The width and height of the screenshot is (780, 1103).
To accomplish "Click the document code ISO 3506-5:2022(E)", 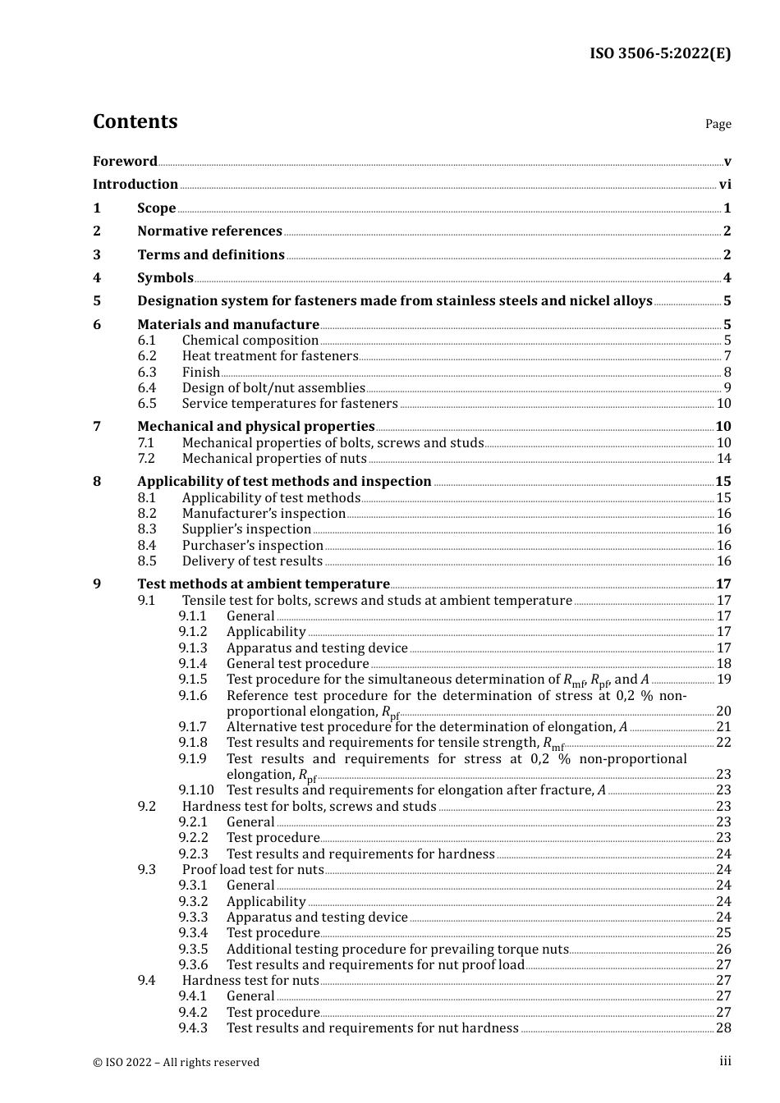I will click(x=660, y=53).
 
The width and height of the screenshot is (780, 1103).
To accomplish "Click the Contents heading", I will click(x=135, y=121).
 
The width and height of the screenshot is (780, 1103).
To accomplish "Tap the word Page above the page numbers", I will click(x=718, y=124).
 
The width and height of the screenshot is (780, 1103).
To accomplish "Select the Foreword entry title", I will click(x=125, y=161).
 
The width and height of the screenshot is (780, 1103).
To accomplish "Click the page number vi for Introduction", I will click(x=725, y=185).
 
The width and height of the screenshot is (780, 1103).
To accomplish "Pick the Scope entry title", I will click(x=156, y=208).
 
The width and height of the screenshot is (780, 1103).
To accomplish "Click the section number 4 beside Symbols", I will click(x=97, y=278).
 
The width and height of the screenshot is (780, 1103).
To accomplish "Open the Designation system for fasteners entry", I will click(x=394, y=301).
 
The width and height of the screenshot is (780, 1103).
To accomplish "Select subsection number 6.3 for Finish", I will click(x=147, y=372).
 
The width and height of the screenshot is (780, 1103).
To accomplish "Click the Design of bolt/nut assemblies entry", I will click(x=273, y=388).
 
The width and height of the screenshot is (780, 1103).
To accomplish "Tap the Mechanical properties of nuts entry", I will click(x=274, y=459).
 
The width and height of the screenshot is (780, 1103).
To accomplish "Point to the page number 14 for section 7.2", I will click(x=723, y=459).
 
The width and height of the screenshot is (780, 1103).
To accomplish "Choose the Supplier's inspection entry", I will click(x=246, y=529).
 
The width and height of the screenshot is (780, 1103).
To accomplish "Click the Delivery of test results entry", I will click(x=252, y=561).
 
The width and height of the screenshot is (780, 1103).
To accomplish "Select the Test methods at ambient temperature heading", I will click(x=263, y=584).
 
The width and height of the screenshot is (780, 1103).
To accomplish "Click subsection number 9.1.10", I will click(x=196, y=790).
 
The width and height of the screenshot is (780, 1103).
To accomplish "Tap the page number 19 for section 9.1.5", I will click(x=723, y=680).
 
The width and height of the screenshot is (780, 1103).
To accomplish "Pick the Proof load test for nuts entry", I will click(x=253, y=870).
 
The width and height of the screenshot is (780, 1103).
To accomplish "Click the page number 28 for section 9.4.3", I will click(x=723, y=1028).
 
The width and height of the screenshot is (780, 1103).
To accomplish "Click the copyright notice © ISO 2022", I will click(x=176, y=1062).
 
